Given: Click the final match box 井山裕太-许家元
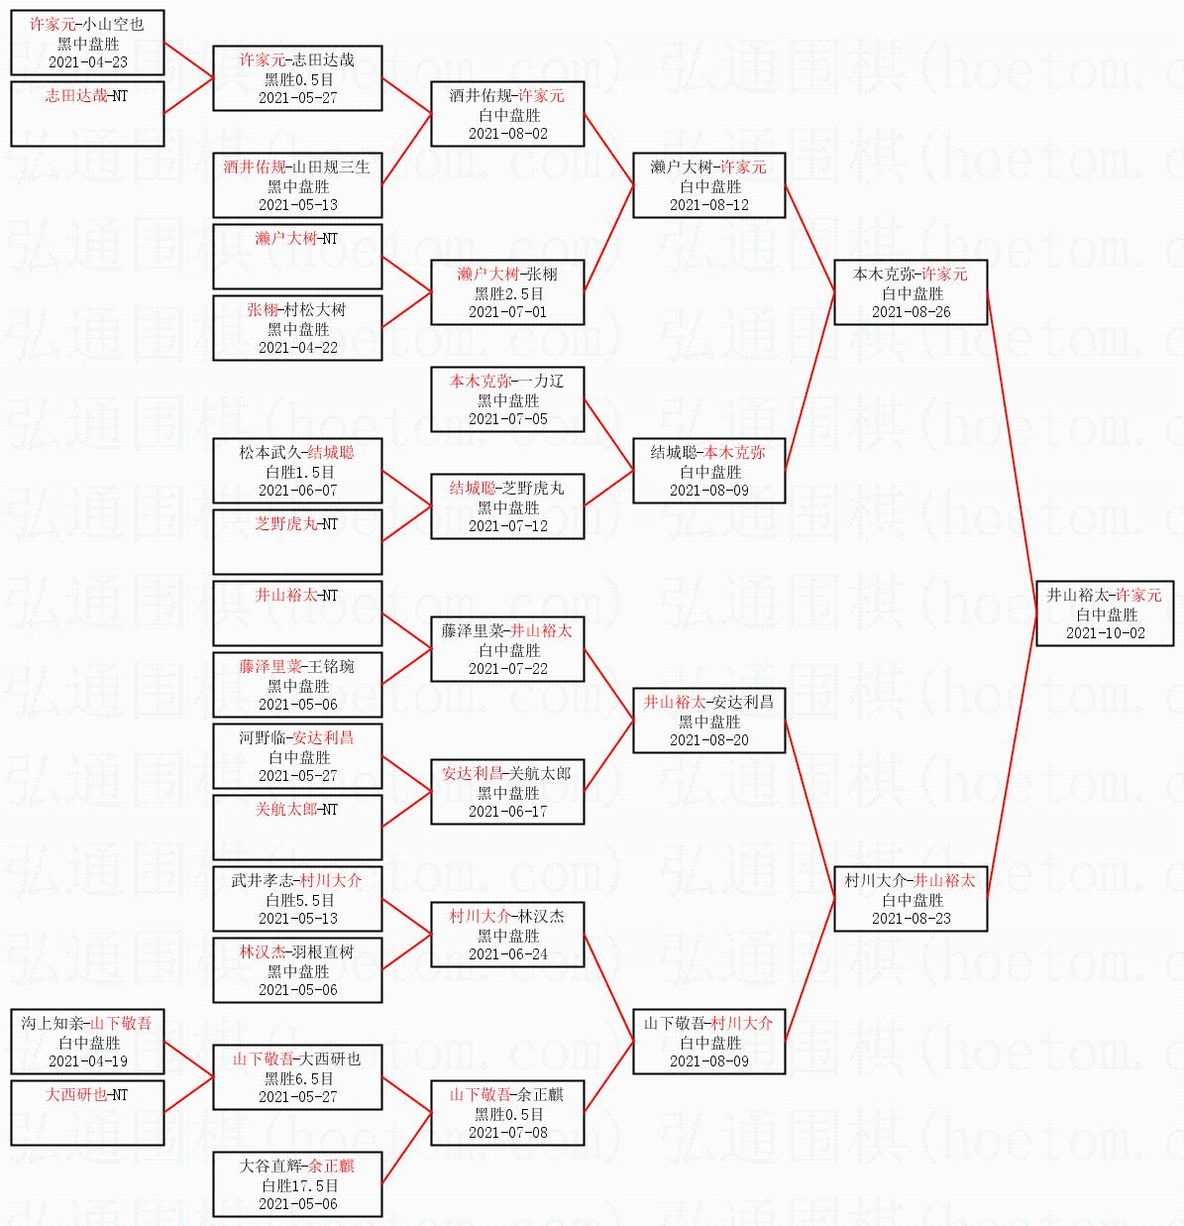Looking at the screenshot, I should tap(1104, 613).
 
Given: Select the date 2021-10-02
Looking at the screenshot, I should tap(1105, 633).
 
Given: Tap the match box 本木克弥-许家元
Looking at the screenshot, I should tap(911, 292).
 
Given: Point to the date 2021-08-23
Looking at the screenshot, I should tap(911, 919).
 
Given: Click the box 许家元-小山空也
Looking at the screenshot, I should tap(87, 43).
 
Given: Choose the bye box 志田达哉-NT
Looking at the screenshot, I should tap(87, 114).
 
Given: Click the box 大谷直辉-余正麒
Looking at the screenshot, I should tap(297, 1184).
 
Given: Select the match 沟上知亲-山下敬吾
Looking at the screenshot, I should tap(87, 1042).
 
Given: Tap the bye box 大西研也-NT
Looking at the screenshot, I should tap(87, 1113).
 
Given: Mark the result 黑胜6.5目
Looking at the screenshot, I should tap(298, 1078).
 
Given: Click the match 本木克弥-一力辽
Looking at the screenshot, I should tap(507, 399).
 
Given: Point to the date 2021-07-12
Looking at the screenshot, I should tap(507, 526).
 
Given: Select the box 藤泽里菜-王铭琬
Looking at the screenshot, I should tap(297, 685).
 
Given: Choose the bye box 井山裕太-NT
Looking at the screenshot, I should tap(297, 613).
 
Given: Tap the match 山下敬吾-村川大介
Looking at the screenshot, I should tap(709, 1042).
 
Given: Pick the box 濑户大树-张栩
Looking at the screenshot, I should tap(507, 292).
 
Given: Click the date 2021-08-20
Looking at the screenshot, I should tap(709, 740).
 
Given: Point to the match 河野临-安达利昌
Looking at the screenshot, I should tap(297, 756).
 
